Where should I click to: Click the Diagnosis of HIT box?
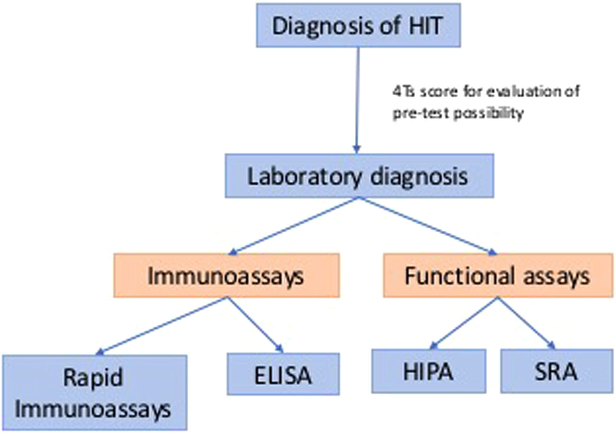[x=358, y=25]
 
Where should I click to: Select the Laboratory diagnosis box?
[x=359, y=176]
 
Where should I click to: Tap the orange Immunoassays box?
[x=226, y=275]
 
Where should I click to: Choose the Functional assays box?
[x=498, y=275]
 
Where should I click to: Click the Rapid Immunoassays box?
[x=94, y=392]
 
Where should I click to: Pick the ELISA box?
[x=283, y=374]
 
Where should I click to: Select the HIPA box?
[x=428, y=371]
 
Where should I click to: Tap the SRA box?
[x=556, y=371]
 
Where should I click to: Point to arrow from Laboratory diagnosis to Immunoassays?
[x=294, y=226]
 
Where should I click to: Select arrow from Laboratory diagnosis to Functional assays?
[x=427, y=226]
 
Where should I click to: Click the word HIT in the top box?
[x=425, y=25]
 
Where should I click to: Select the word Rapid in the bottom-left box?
[x=93, y=377]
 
